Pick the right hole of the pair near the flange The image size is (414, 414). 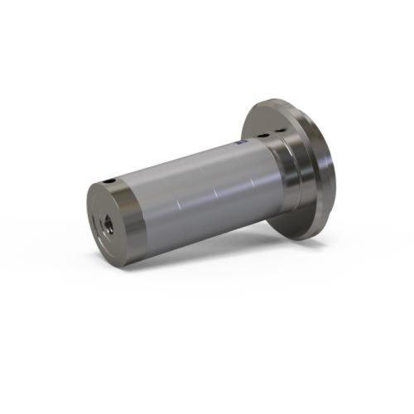(x=277, y=130)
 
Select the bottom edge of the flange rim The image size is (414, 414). (x=307, y=238)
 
